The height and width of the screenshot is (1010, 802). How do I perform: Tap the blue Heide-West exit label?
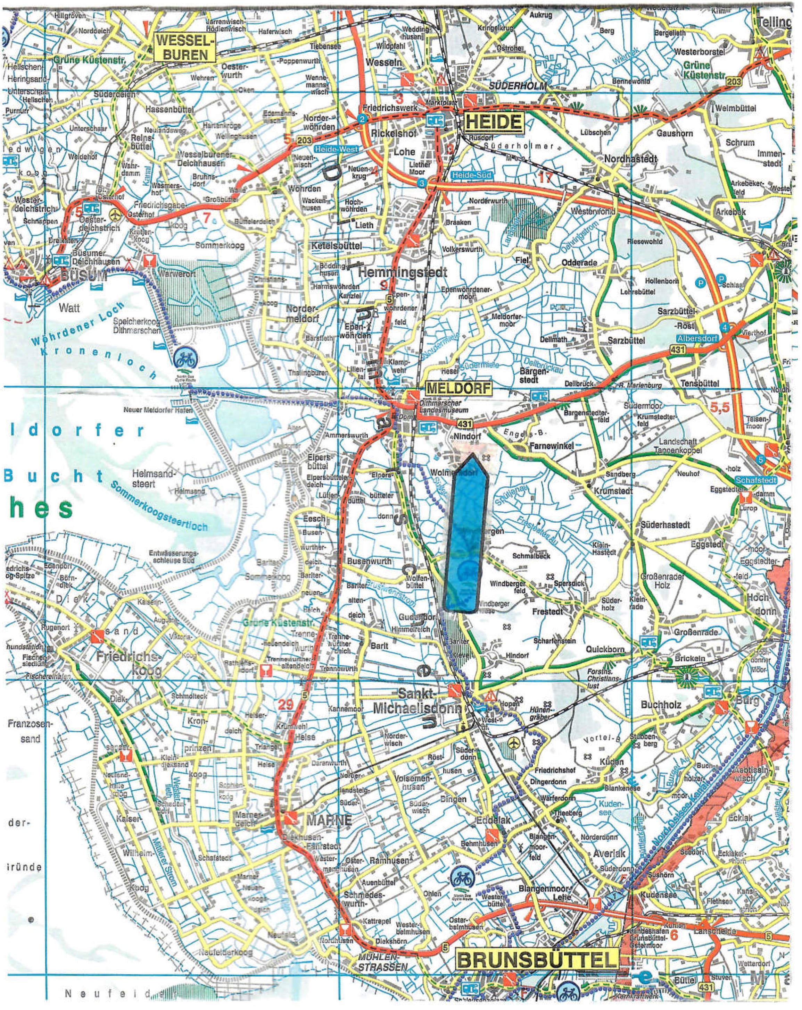(336, 149)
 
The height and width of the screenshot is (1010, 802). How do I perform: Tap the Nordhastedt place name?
(630, 159)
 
